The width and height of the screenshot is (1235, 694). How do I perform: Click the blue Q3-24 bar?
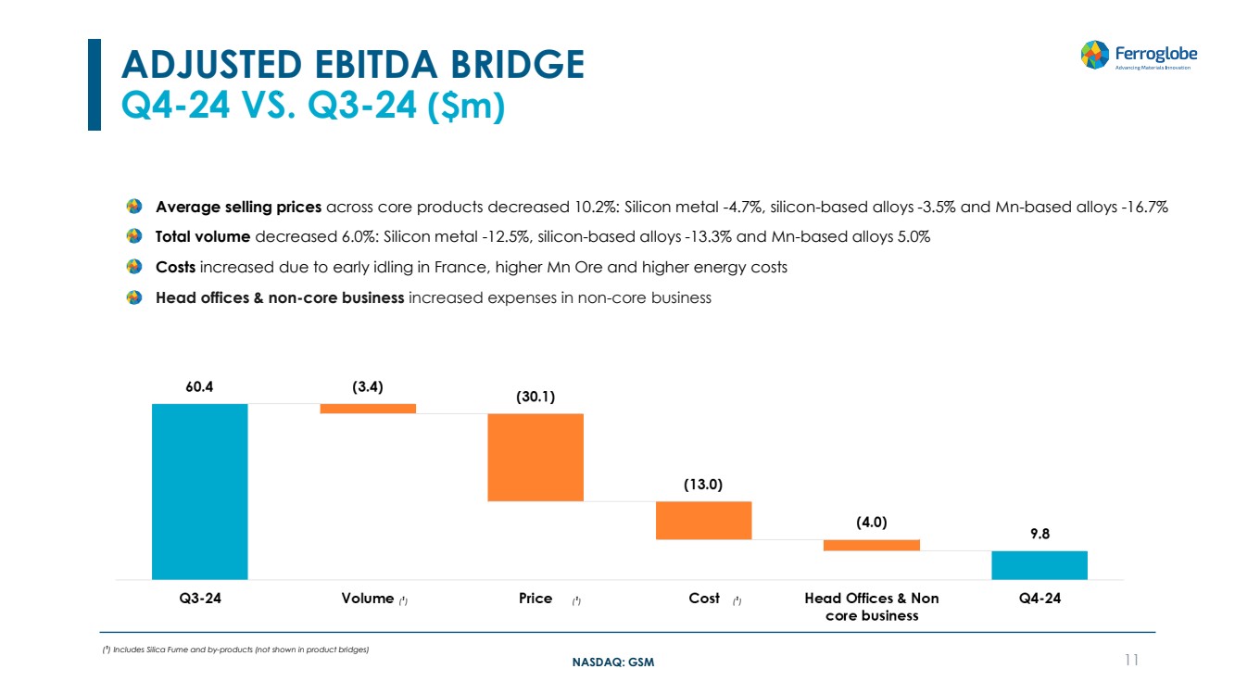coord(199,491)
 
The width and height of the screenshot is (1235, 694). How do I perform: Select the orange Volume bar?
coord(368,409)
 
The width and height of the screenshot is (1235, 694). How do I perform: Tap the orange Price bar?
coord(536,457)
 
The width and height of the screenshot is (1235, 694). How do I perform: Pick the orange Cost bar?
coord(703,520)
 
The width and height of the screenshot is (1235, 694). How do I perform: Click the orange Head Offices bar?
coord(871,545)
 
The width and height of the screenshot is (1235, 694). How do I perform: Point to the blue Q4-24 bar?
coord(1039,564)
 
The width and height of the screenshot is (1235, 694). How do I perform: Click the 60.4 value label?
coord(199,387)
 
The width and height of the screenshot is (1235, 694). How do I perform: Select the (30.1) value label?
coord(536,397)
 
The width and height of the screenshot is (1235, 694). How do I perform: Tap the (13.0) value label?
coord(703,485)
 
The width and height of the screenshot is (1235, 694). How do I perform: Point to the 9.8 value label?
coord(1039,535)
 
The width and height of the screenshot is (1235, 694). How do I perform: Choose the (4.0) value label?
coord(871,523)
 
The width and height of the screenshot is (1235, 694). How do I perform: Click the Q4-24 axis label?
coord(1039,599)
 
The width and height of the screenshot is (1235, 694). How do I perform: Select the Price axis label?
coord(536,599)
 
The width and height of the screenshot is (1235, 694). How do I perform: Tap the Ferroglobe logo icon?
coord(1095,54)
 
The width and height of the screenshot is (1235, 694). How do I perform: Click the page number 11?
coord(1130,660)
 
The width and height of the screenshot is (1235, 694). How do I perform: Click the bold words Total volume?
coord(203,237)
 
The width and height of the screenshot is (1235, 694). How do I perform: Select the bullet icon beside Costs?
coord(134,268)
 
